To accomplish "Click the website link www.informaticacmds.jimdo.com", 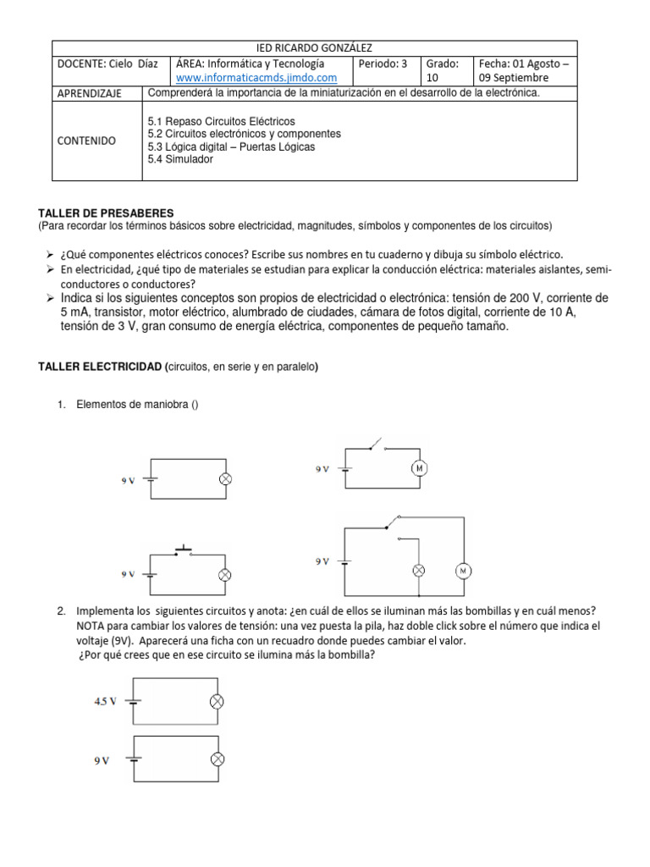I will point(250,78).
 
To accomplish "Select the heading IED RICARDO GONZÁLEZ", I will point(314,48).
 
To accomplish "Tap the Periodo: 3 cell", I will point(383,64).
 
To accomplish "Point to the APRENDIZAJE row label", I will point(90,93).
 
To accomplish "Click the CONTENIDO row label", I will point(86,141).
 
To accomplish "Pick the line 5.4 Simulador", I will point(180,159).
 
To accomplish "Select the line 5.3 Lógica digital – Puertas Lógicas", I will point(231,146).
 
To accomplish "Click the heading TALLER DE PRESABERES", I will point(106,213).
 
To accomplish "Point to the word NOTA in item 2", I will point(91,626).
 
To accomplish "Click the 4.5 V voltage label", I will point(106,701).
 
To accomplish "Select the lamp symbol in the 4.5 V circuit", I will point(217,701).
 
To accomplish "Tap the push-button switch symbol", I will point(184,552).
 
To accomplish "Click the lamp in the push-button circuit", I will point(224,574).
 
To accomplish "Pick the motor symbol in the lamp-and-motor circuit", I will point(463,571).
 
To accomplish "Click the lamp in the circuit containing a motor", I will point(416,571).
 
